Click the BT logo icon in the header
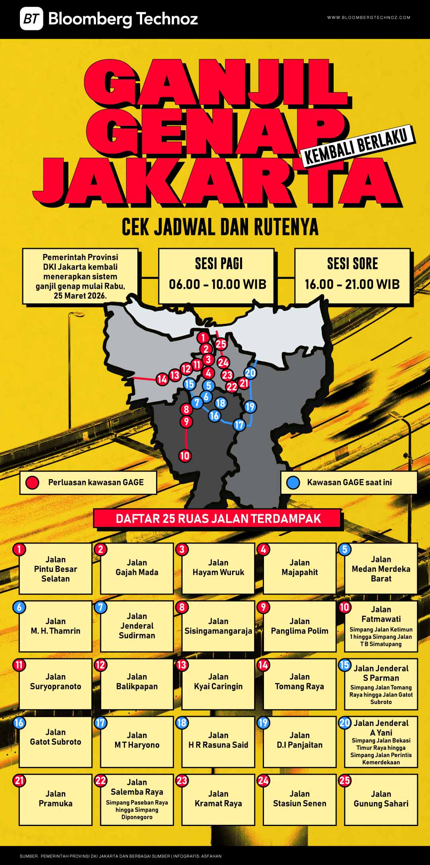(31, 19)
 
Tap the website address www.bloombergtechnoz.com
(369, 18)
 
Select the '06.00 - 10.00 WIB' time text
(217, 284)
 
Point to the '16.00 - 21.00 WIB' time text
(352, 284)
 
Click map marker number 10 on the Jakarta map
(185, 456)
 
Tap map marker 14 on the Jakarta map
(162, 379)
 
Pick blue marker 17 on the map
(239, 425)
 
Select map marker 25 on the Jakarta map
(221, 344)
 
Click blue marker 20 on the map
(250, 373)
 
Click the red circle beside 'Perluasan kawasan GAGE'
(32, 483)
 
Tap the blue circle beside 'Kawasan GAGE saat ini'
(293, 483)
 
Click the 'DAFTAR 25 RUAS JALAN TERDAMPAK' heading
(218, 519)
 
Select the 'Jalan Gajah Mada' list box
(137, 568)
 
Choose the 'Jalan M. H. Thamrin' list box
(56, 626)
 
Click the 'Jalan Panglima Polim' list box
(299, 626)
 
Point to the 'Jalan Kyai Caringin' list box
(218, 683)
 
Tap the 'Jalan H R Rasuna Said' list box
(218, 742)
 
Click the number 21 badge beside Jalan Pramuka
(19, 780)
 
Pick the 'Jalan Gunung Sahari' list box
(381, 799)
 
